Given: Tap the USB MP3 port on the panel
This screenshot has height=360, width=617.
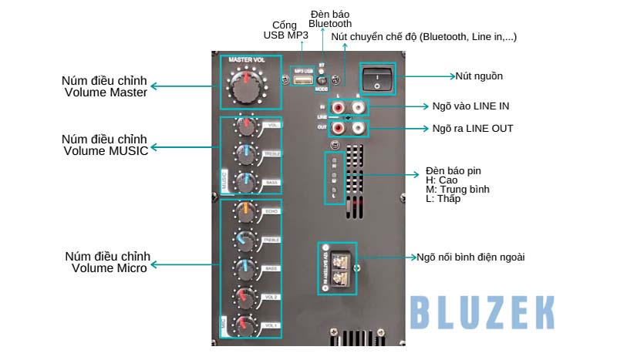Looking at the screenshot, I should click(303, 81).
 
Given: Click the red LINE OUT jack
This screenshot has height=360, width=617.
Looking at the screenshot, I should click(338, 128).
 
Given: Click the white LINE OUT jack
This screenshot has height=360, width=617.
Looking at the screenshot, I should click(358, 128).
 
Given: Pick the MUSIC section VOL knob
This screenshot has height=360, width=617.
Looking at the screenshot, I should click(248, 126).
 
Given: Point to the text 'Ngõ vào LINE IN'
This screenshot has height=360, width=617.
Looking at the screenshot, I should click(470, 106).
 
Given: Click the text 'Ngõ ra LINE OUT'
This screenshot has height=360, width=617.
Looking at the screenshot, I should click(473, 128).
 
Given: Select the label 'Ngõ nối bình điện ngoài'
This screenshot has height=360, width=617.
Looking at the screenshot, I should click(470, 257).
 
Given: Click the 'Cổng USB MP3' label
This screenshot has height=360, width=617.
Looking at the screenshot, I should click(287, 29).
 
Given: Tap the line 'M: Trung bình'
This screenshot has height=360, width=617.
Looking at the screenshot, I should click(457, 189).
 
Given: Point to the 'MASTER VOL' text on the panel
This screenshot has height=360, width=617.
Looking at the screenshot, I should click(246, 59).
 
